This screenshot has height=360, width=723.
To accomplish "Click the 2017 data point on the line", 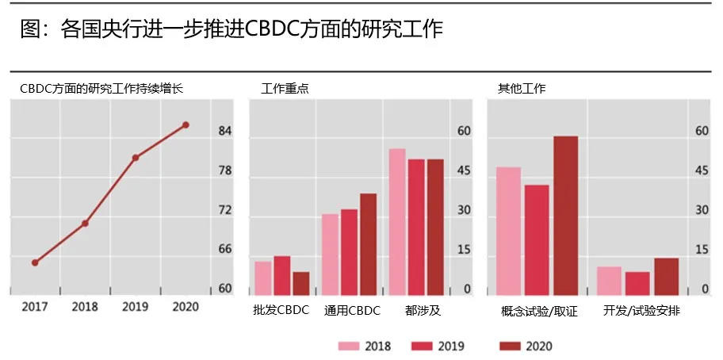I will click(35, 262).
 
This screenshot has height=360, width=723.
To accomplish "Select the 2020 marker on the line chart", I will click(186, 124).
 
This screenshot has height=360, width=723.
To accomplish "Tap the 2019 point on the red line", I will click(136, 158).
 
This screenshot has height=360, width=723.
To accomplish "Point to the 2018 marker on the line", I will click(85, 223).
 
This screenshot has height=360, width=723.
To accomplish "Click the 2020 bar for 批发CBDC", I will click(301, 283).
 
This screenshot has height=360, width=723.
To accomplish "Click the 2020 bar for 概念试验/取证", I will click(565, 215).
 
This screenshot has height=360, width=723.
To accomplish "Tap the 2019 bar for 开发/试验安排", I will click(637, 283).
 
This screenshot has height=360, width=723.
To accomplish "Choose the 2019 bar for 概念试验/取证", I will click(537, 239).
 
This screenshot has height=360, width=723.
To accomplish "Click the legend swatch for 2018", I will click(349, 346).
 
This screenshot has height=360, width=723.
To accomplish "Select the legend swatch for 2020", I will click(511, 346).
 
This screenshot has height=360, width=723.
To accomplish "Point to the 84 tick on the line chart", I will click(225, 131).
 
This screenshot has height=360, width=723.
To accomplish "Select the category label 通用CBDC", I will click(352, 311).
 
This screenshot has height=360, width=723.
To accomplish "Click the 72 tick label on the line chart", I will click(225, 210).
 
